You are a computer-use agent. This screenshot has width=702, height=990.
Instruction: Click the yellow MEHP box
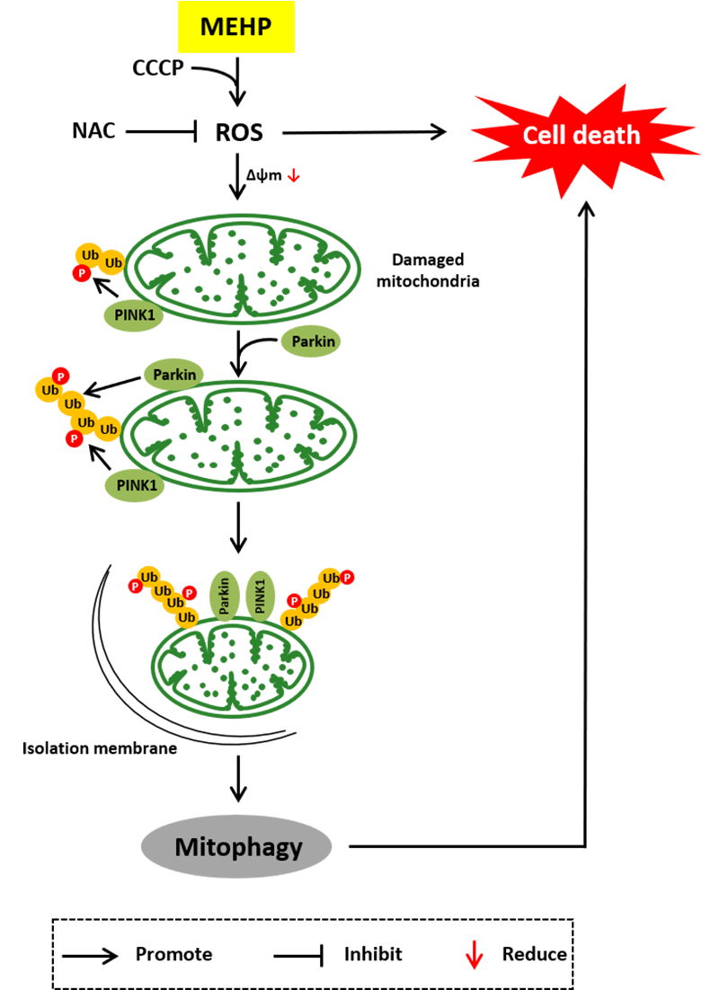pyautogui.click(x=235, y=27)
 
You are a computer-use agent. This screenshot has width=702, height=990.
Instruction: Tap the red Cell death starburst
pyautogui.click(x=581, y=136)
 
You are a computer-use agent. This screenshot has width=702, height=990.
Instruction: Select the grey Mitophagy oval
pyautogui.click(x=236, y=846)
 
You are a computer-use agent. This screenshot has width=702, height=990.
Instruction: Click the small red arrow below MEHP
pyautogui.click(x=293, y=175)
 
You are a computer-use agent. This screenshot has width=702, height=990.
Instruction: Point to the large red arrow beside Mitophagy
pyautogui.click(x=474, y=955)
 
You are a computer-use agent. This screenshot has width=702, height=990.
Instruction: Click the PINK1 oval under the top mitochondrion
pyautogui.click(x=134, y=315)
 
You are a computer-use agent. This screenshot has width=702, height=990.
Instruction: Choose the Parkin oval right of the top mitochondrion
pyautogui.click(x=311, y=341)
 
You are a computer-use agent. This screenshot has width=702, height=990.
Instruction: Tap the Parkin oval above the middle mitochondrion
pyautogui.click(x=173, y=375)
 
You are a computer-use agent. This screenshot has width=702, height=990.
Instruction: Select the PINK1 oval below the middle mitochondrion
pyautogui.click(x=135, y=486)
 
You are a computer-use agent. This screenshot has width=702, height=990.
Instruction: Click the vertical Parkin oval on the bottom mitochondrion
pyautogui.click(x=225, y=597)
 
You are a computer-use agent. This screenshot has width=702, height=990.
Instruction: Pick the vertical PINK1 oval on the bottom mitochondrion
pyautogui.click(x=261, y=597)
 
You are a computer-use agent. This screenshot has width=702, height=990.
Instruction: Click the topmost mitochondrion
pyautogui.click(x=243, y=269)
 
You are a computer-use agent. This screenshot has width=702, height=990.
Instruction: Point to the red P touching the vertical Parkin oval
pyautogui.click(x=190, y=593)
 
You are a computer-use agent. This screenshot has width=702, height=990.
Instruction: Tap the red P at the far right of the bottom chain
pyautogui.click(x=347, y=577)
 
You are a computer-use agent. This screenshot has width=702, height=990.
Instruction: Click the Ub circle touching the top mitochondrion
pyautogui.click(x=113, y=263)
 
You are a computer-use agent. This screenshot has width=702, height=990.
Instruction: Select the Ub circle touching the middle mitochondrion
pyautogui.click(x=109, y=429)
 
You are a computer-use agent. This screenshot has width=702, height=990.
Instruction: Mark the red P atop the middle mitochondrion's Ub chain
pyautogui.click(x=60, y=376)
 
